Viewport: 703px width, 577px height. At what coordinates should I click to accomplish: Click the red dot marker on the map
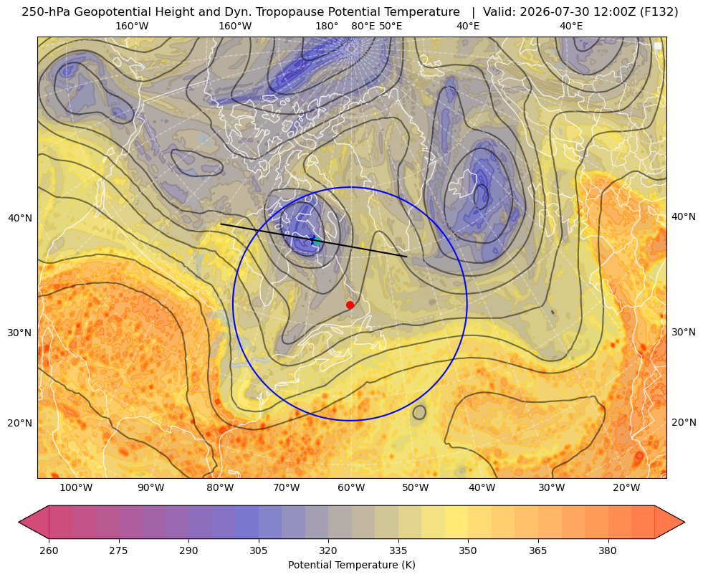[350, 305]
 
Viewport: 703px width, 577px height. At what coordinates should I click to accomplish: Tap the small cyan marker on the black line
[317, 242]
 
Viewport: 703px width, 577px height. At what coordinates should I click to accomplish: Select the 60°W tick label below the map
[351, 487]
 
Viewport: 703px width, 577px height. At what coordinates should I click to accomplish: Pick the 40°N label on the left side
[20, 219]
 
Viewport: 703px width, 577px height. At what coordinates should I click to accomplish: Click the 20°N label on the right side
[684, 422]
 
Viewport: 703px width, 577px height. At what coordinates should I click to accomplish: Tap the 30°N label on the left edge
[20, 333]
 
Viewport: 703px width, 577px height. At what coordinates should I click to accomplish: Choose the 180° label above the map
[327, 26]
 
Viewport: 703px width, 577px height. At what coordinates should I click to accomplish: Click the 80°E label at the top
[363, 26]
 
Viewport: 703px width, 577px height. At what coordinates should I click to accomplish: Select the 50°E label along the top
[391, 26]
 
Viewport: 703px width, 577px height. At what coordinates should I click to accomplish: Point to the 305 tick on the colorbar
[259, 550]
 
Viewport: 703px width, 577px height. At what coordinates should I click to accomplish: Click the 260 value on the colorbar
[49, 550]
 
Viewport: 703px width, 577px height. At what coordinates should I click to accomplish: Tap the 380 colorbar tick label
[608, 550]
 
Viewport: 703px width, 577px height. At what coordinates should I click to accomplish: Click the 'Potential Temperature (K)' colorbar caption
[351, 565]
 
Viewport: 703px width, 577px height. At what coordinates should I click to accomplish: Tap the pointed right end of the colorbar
[684, 522]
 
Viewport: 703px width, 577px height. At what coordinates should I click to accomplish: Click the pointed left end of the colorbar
[19, 522]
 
